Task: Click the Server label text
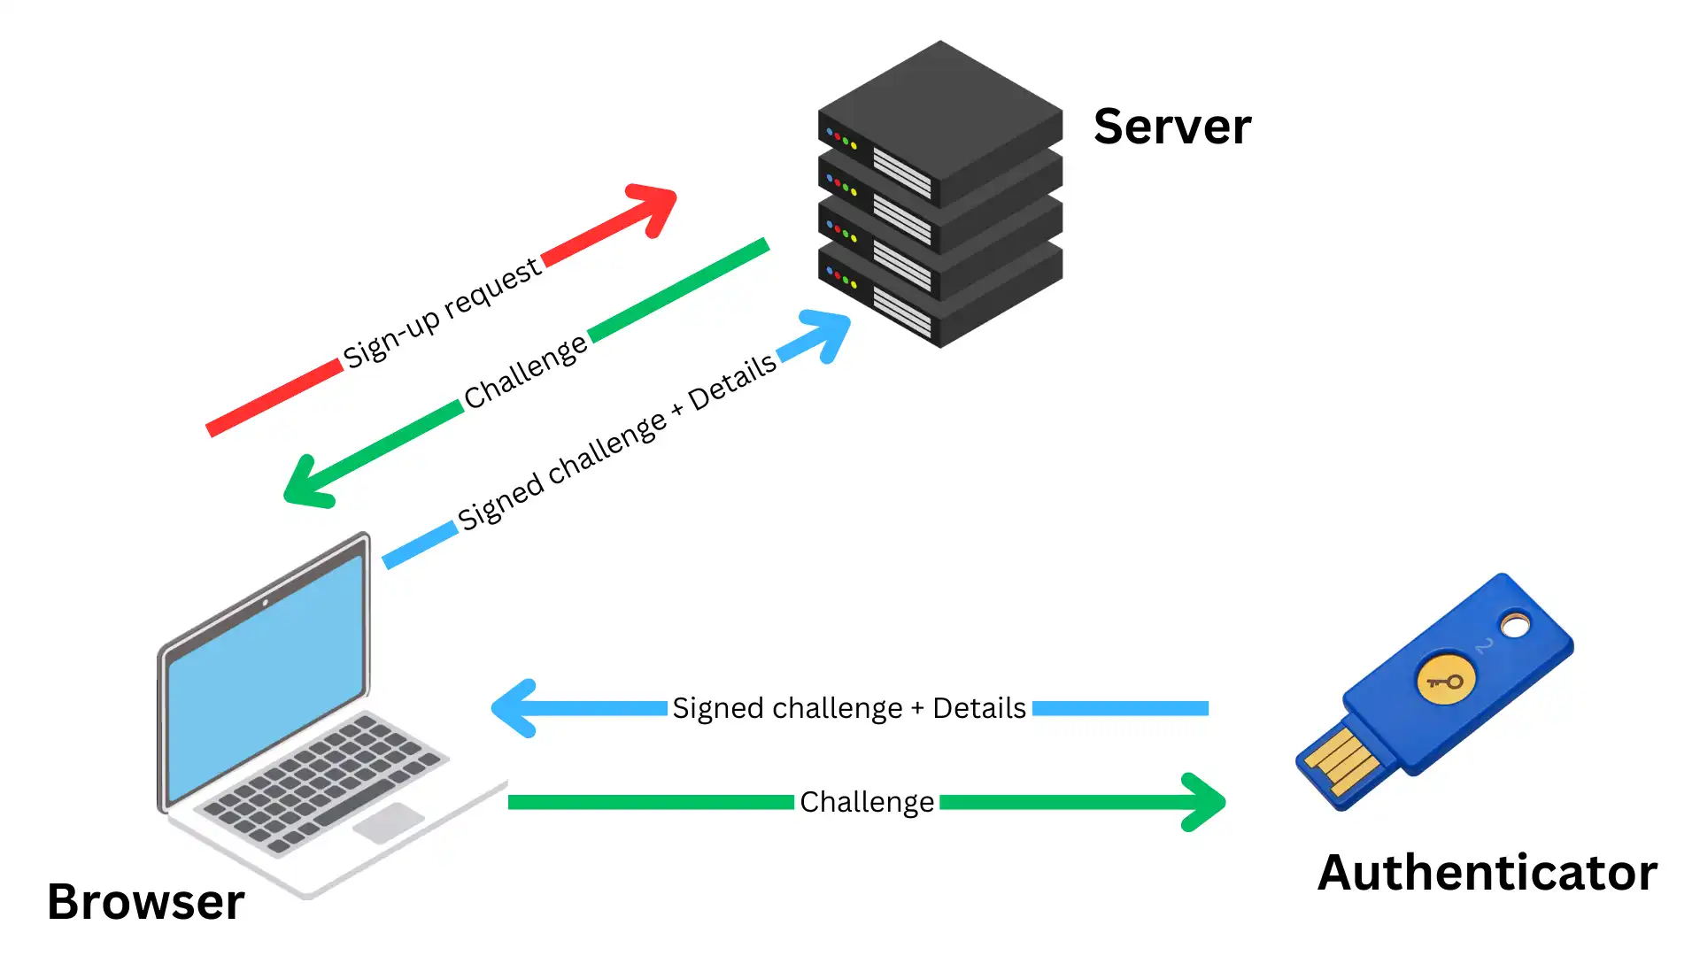1171,126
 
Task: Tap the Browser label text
145,901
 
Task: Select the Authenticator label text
1487,872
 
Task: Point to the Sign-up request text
441,312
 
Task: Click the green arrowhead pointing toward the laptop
306,484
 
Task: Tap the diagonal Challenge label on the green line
525,372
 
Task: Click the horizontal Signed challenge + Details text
848,708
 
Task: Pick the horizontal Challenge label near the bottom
866,802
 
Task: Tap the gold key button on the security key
1445,680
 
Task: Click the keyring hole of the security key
1515,626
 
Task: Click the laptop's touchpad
388,823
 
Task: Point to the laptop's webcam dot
265,603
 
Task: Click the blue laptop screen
266,682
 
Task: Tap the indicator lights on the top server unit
841,139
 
